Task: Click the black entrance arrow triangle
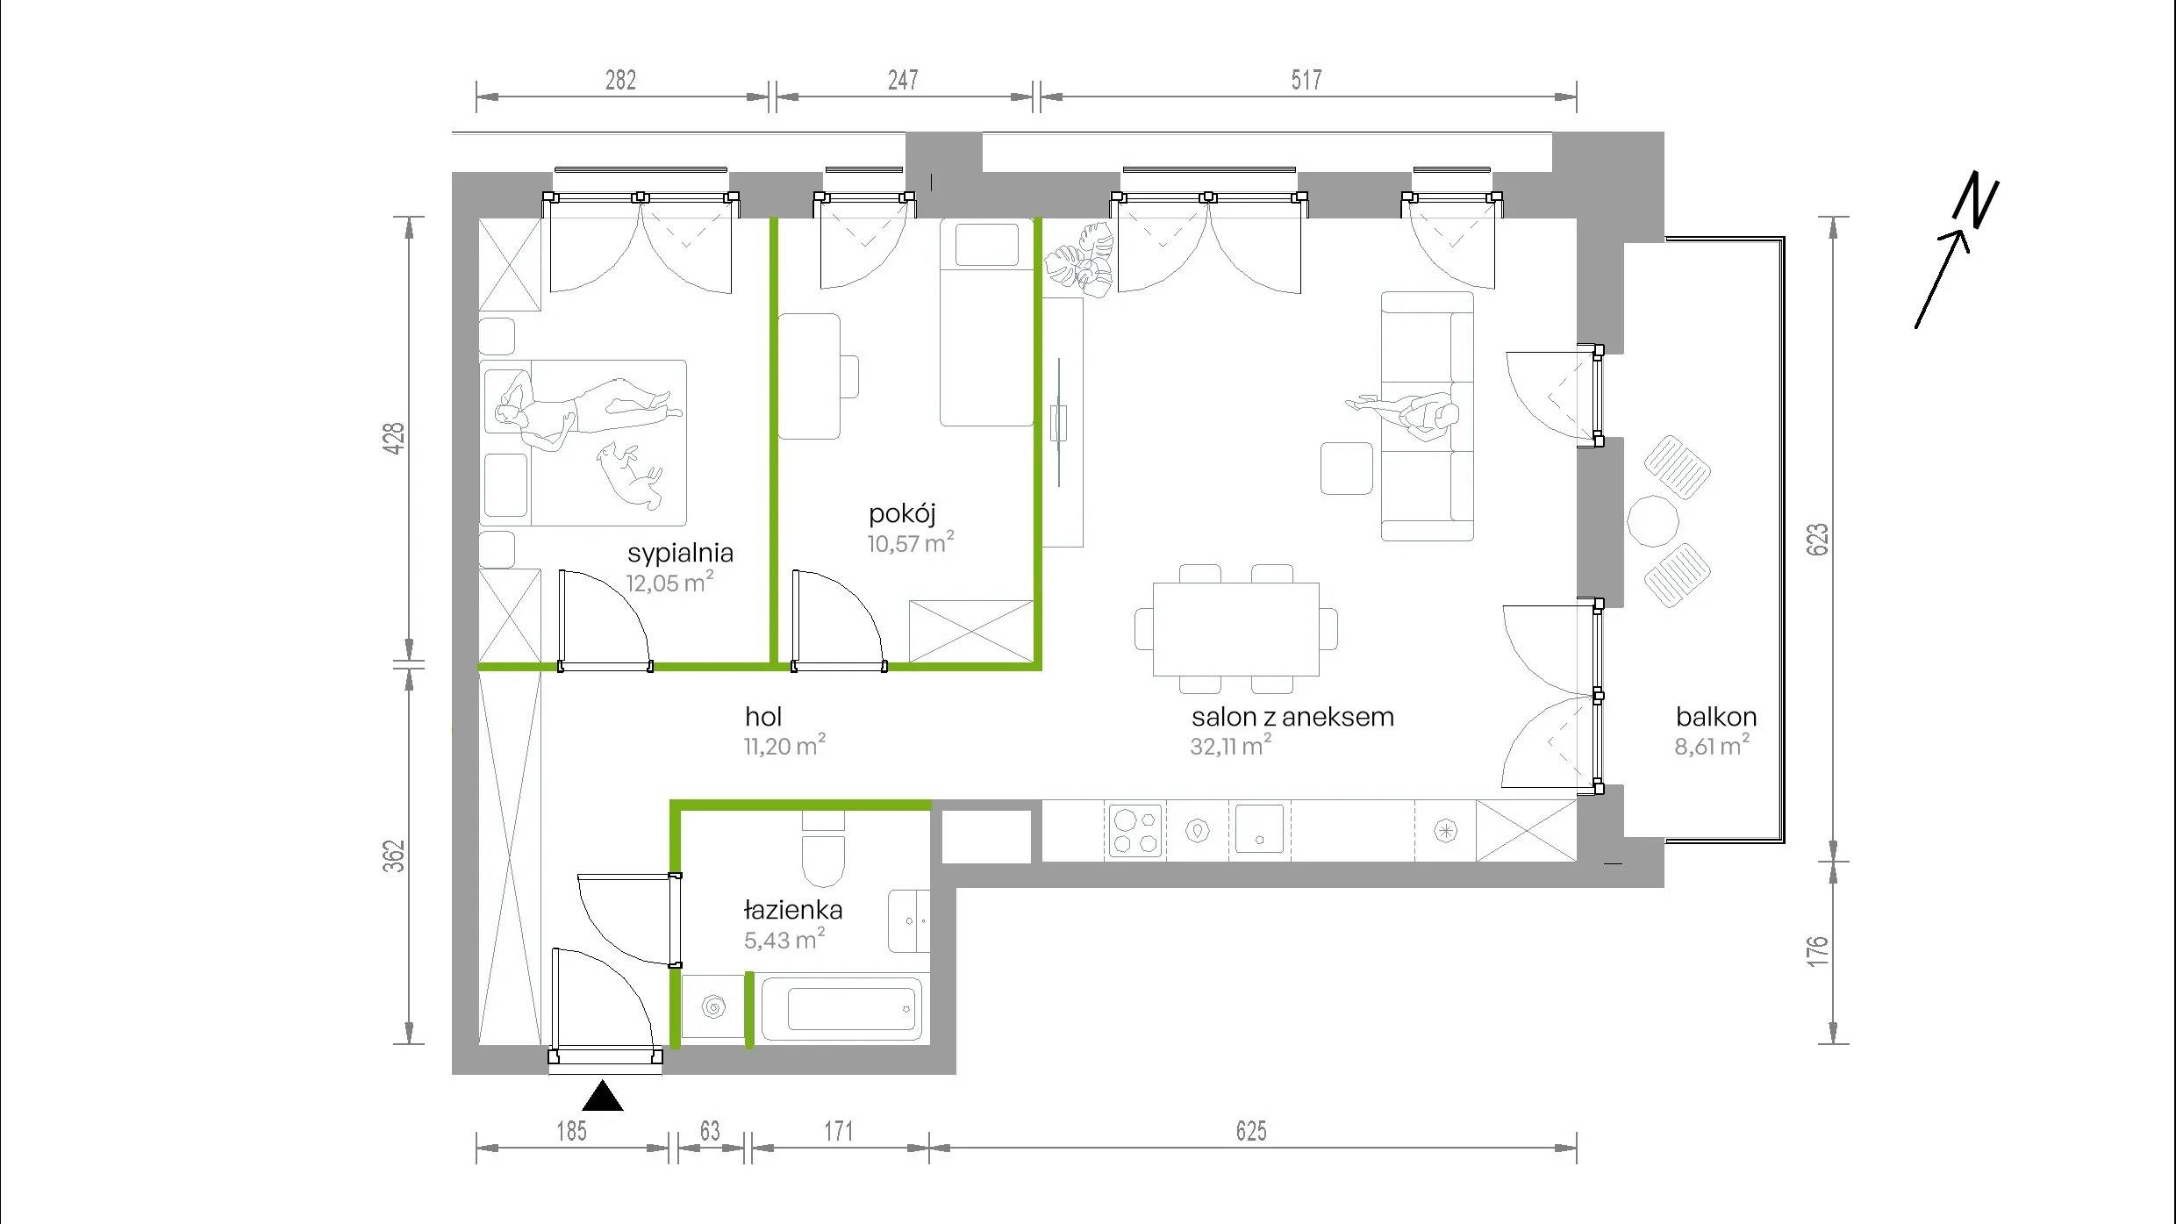pyautogui.click(x=602, y=1096)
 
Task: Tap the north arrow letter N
pyautogui.click(x=1975, y=200)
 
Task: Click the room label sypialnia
pyautogui.click(x=680, y=554)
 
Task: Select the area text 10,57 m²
pyautogui.click(x=911, y=542)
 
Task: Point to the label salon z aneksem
pyautogui.click(x=1292, y=717)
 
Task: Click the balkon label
pyautogui.click(x=1715, y=717)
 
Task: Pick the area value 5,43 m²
pyautogui.click(x=784, y=940)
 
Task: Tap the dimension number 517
pyautogui.click(x=1306, y=80)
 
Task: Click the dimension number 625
pyautogui.click(x=1251, y=1131)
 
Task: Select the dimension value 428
pyautogui.click(x=395, y=438)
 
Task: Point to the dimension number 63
pyautogui.click(x=710, y=1131)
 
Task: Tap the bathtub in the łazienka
pyautogui.click(x=841, y=1009)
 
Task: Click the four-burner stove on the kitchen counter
pyautogui.click(x=1136, y=830)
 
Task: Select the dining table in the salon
pyautogui.click(x=1235, y=629)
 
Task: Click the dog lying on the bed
pyautogui.click(x=629, y=474)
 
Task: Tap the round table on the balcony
pyautogui.click(x=1653, y=521)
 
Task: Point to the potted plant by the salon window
pyautogui.click(x=1079, y=257)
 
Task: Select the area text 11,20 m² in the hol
pyautogui.click(x=784, y=746)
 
